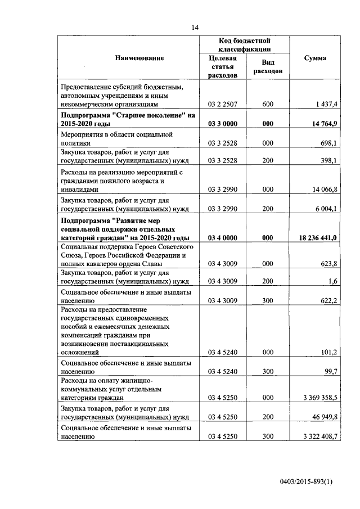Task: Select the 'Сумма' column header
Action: [315, 58]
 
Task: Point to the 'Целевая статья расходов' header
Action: [222, 67]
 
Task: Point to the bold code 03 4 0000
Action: [222, 238]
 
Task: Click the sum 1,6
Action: [332, 281]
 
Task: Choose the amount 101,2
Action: [328, 352]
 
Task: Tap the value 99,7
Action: [330, 371]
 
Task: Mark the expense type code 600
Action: [267, 104]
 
